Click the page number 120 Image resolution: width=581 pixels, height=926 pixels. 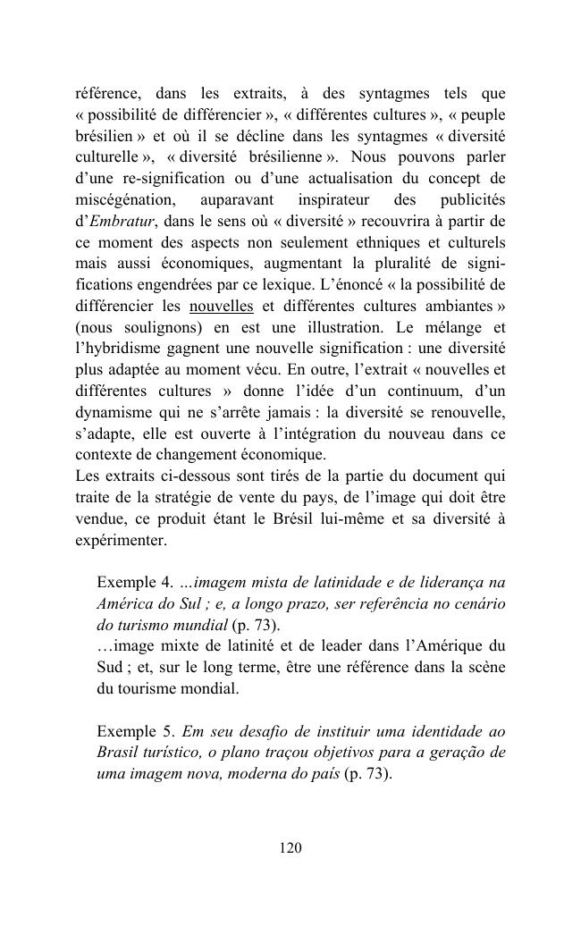click(x=290, y=847)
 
